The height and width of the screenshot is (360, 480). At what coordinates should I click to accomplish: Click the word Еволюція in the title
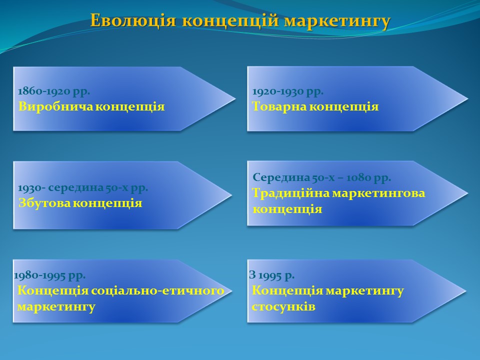click(133, 21)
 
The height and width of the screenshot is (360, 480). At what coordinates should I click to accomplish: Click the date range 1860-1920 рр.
click(54, 91)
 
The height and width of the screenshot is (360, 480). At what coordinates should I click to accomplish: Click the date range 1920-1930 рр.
click(288, 91)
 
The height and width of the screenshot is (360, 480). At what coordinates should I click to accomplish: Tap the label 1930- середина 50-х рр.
click(83, 187)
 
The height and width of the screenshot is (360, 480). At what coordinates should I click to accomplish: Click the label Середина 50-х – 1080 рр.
click(321, 177)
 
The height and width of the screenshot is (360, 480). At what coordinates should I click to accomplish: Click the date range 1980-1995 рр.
click(49, 275)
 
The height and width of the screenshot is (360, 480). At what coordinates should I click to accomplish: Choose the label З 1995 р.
click(272, 275)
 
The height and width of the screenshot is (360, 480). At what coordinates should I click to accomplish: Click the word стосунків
click(283, 306)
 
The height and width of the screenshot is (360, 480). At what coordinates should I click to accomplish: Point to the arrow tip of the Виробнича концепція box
click(235, 98)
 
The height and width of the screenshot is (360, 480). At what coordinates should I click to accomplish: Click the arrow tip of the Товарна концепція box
click(468, 98)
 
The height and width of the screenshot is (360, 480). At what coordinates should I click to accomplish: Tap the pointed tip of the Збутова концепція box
click(232, 194)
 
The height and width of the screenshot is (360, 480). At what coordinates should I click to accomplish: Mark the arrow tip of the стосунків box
click(466, 291)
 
